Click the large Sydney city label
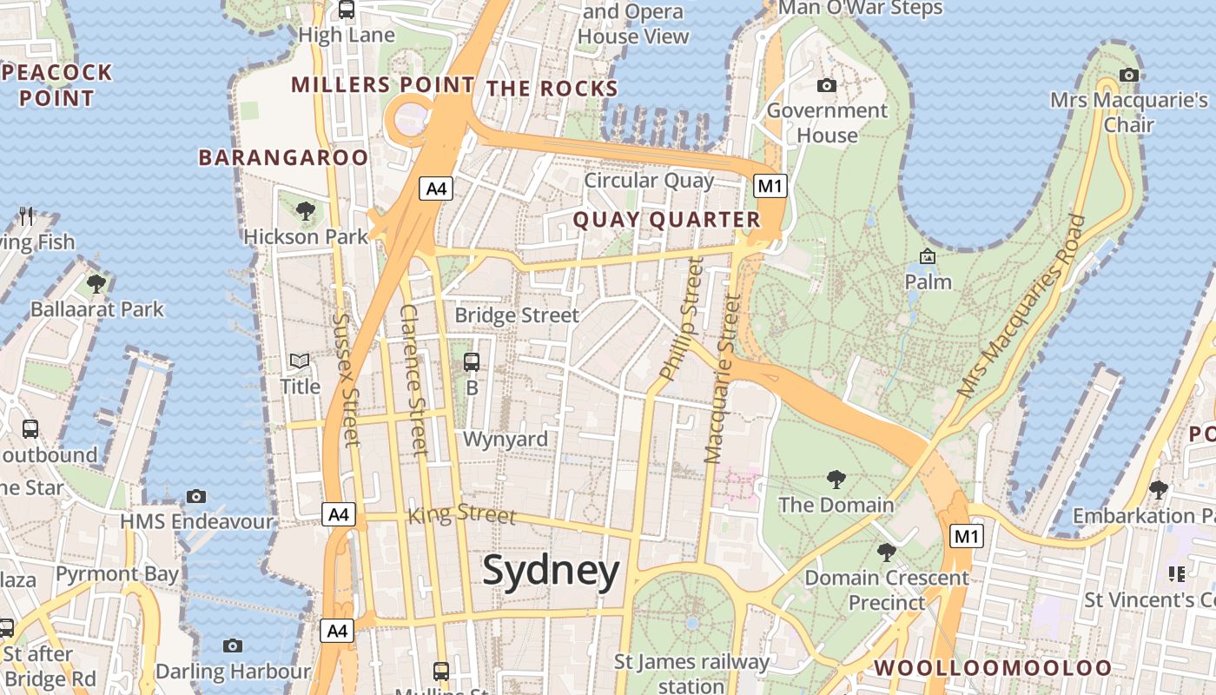pos(551,572)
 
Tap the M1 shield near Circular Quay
pos(770,186)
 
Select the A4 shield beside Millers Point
pos(436,189)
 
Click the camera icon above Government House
pos(827,85)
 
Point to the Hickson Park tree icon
pos(305,210)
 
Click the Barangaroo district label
pos(283,157)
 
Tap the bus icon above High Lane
pos(347,10)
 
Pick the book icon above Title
pos(300,361)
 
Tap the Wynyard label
pos(506,439)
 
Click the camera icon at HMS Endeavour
pos(196,496)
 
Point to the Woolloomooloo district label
pos(992,667)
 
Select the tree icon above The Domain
pos(836,478)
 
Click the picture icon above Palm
pos(928,256)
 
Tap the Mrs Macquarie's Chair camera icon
pos(1128,75)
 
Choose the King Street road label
pos(462,513)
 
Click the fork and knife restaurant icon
pos(26,215)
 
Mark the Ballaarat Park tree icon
pos(96,283)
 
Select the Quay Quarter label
pos(666,220)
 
